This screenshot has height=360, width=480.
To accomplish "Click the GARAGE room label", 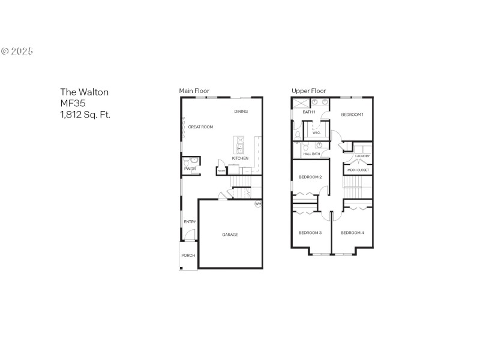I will pos(230,235).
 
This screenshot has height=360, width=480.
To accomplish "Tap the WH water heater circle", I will pos(258,204).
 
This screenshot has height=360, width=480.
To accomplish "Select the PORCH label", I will pos(188,256).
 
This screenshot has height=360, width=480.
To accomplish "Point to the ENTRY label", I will pos(190,222).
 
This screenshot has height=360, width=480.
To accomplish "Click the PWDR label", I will pos(190,169).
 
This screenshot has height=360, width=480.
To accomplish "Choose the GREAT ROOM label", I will pos(200,127).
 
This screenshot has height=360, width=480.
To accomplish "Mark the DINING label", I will pos(241,112).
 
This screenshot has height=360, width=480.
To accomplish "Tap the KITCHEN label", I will pos(240,158).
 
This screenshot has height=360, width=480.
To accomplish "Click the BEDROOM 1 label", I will pos(352,114).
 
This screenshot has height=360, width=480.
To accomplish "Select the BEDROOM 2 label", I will pos(311,177).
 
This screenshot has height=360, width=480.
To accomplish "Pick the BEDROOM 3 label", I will pos(310,233).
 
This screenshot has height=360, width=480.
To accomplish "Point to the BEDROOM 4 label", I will pos(352,233).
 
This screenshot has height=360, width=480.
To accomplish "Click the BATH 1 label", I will pos(309,112).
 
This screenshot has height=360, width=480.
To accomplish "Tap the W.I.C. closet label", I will pos(316,133).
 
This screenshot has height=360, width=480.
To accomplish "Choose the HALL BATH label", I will pos(311,154).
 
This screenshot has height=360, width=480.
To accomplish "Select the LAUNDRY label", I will pos(362,156).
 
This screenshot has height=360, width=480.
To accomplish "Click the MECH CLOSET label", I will pos(359,170).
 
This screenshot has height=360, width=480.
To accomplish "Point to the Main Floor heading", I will pos(194,91).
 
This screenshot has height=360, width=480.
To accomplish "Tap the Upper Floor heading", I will pos(308,91).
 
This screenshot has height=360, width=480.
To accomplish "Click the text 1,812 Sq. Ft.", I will pos(85,114).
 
